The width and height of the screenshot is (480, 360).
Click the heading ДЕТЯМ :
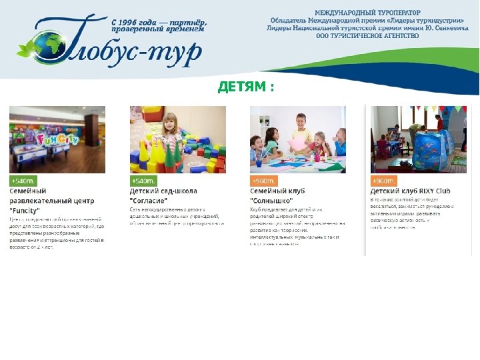tap(246, 88)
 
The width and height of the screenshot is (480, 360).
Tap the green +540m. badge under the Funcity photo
tap(23, 181)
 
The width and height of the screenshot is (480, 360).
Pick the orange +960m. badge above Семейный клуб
tap(264, 181)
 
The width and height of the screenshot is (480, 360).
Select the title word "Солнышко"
tap(271, 200)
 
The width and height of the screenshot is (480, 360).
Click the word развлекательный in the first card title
tap(51, 200)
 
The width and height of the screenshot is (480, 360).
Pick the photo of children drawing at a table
tap(297, 139)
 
